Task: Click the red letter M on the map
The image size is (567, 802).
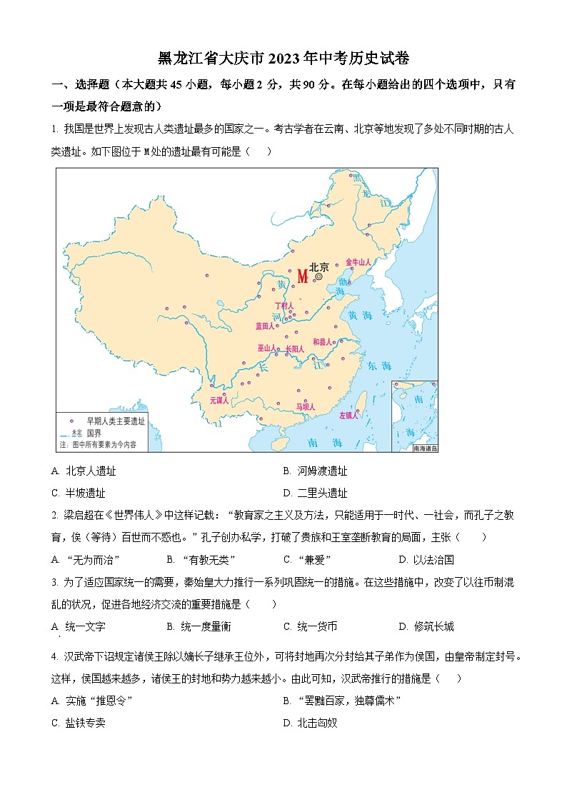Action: [x=302, y=276]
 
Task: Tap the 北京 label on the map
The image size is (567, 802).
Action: [x=318, y=267]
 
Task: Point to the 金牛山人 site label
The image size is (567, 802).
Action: [x=358, y=262]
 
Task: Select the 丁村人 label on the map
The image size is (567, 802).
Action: [x=284, y=306]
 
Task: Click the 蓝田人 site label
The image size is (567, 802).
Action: [x=265, y=326]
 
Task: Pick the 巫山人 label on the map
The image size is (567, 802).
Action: [x=267, y=349]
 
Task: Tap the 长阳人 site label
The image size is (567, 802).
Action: [x=294, y=349]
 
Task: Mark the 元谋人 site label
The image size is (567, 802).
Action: [x=219, y=401]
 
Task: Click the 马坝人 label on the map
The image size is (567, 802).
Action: [x=306, y=407]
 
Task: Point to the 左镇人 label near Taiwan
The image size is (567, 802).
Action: [x=348, y=415]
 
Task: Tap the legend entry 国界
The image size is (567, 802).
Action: [x=94, y=433]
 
